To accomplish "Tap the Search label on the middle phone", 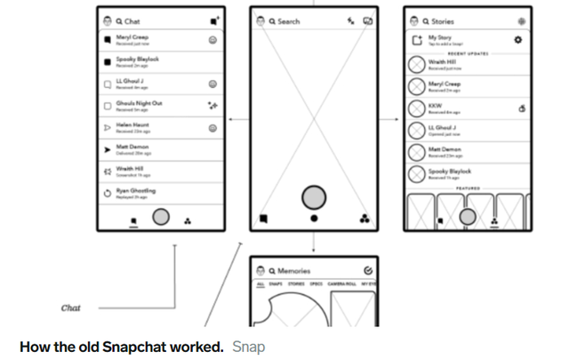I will [x=289, y=20].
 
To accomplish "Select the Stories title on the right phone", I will [x=443, y=20].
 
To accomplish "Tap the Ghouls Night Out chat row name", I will [x=140, y=103].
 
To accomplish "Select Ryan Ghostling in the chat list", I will [x=136, y=190].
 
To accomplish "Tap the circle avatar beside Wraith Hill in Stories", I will [x=415, y=64].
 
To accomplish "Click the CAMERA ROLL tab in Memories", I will [x=341, y=284].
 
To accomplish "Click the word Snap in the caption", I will [x=248, y=345].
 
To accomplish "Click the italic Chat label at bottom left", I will [x=70, y=308].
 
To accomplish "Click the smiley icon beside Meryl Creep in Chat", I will [x=212, y=40].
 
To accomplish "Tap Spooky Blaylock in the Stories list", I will [x=450, y=171].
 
